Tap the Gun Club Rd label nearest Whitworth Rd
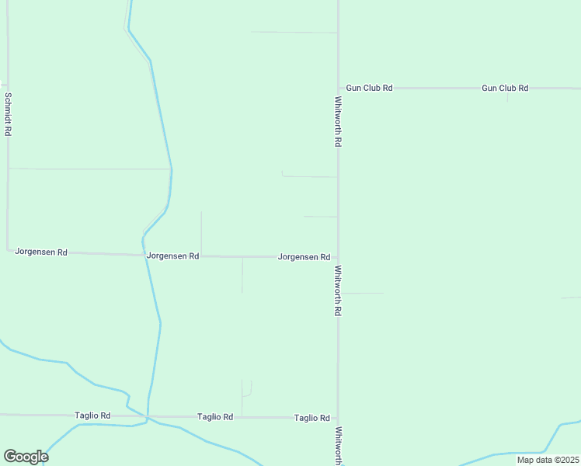[369, 89]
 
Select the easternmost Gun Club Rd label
[505, 89]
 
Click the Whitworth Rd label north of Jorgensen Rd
[339, 122]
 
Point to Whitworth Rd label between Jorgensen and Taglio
[339, 290]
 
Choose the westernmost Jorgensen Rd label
[41, 252]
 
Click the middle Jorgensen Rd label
[172, 256]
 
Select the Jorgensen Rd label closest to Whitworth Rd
[304, 257]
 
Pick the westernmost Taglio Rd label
[92, 416]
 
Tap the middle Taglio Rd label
[215, 417]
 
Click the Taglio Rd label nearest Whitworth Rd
[312, 418]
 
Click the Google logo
[26, 457]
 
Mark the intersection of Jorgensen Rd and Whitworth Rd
[338, 257]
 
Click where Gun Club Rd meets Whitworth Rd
[338, 89]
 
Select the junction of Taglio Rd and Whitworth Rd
[338, 418]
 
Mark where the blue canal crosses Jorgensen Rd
[143, 255]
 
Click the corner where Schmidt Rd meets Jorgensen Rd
[8, 250]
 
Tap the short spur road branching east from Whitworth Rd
[364, 294]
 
